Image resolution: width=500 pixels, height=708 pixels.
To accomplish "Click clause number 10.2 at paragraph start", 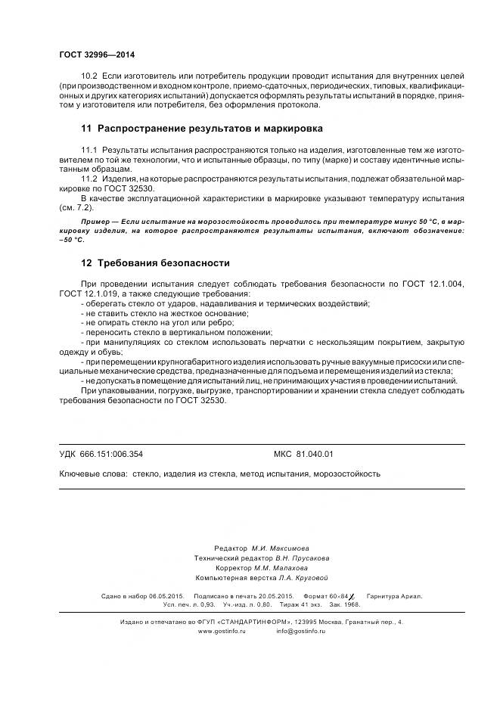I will pyautogui.click(x=89, y=78).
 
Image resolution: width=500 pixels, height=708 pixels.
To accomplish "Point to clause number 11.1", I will pyautogui.click(x=89, y=151).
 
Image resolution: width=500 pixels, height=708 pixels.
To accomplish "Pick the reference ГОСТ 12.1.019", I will pyautogui.click(x=85, y=293).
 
